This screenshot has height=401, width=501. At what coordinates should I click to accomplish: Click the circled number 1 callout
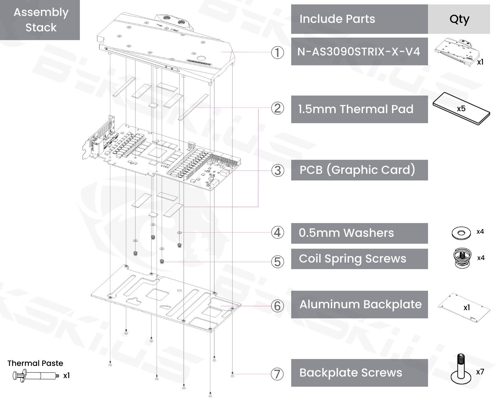pyautogui.click(x=277, y=52)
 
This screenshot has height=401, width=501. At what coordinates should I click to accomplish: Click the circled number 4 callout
pyautogui.click(x=277, y=233)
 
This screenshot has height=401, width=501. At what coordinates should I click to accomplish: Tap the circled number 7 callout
pyautogui.click(x=277, y=374)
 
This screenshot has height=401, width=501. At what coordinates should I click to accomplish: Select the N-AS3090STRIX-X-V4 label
pyautogui.click(x=359, y=51)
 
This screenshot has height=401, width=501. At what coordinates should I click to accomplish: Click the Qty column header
pyautogui.click(x=459, y=19)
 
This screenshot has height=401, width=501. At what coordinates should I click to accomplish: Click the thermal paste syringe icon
pyautogui.click(x=36, y=375)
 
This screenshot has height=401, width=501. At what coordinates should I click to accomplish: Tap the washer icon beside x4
pyautogui.click(x=461, y=233)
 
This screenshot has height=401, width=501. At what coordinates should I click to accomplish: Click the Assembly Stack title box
pyautogui.click(x=40, y=20)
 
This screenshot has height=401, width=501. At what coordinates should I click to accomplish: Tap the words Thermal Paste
pyautogui.click(x=35, y=363)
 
